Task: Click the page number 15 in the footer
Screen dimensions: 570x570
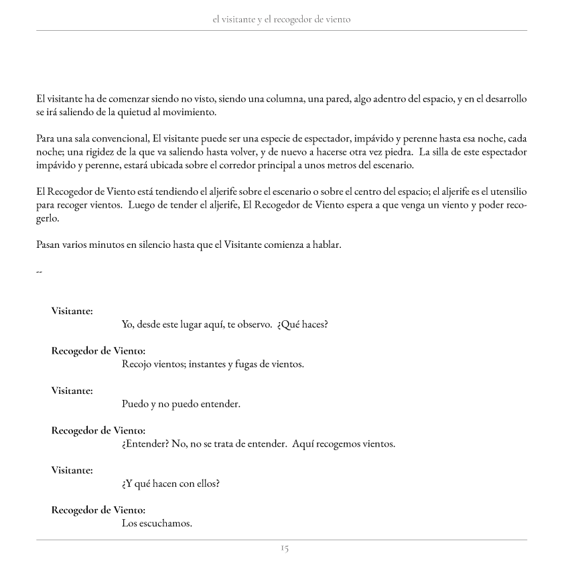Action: point(285,549)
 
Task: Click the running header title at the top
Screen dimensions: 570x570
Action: point(281,19)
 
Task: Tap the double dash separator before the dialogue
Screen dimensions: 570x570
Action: point(39,271)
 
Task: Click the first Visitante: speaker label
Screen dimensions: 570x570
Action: point(72,311)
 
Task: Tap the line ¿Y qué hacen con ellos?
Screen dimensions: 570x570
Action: point(171,484)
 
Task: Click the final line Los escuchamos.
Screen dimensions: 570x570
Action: point(157,523)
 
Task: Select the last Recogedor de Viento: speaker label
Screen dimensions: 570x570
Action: point(98,510)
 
